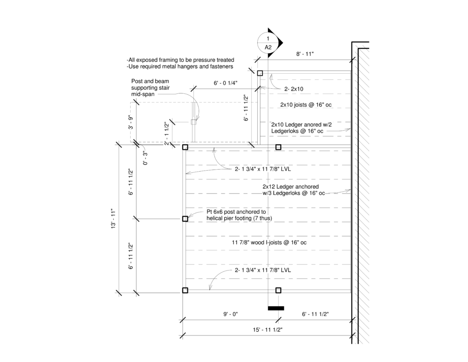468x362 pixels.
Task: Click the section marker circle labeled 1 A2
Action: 268,43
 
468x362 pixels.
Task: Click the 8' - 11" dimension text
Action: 305,54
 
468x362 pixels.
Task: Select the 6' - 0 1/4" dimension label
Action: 225,83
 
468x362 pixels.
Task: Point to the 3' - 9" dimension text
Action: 131,122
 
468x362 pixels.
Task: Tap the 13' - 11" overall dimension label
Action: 113,219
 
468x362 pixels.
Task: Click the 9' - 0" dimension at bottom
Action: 230,314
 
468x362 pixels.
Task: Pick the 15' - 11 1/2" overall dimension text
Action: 267,330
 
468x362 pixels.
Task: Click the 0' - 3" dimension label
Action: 145,158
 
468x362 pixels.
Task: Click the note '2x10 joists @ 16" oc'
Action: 306,105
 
